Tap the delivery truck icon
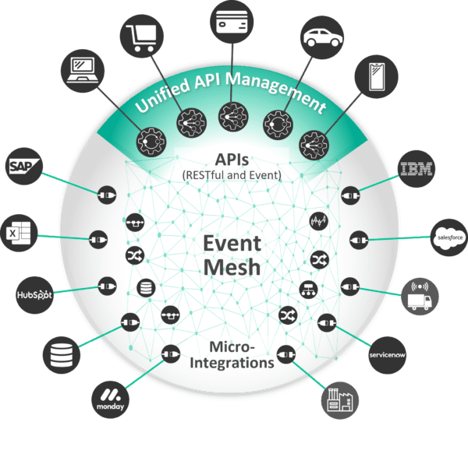pos(419,297)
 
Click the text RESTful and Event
pos(231,175)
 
